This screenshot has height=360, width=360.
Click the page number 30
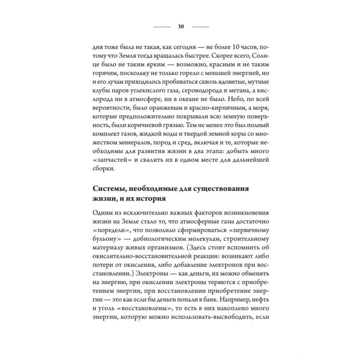click(x=181, y=26)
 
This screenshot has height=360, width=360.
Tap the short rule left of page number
click(x=162, y=27)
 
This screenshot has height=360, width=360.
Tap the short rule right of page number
click(x=200, y=27)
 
